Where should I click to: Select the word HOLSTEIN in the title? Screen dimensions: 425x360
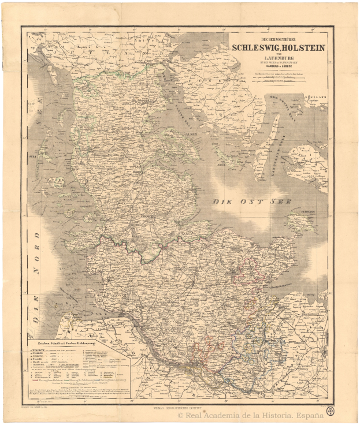pos(304,48)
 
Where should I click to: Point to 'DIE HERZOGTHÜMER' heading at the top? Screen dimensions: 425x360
pos(279,38)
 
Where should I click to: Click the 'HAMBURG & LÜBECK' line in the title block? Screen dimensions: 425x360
pos(279,67)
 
